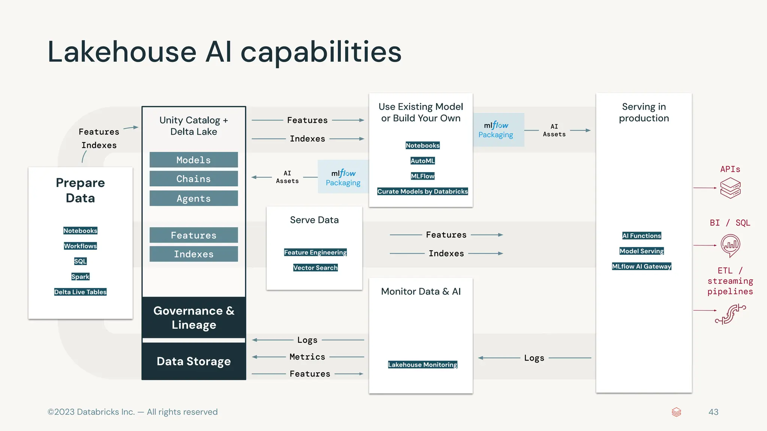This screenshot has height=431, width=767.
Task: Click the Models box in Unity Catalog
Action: tap(194, 160)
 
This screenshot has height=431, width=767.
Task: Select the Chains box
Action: tap(194, 179)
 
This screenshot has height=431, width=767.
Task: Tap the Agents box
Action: tap(194, 198)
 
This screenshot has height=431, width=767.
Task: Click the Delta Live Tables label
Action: tap(80, 292)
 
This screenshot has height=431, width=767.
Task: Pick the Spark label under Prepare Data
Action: tap(80, 276)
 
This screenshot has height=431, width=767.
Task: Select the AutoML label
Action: tap(422, 161)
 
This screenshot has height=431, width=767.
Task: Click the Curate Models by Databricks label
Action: tap(422, 192)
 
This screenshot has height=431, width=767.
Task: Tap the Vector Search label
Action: tap(315, 268)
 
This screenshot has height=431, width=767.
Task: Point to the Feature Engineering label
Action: tap(315, 252)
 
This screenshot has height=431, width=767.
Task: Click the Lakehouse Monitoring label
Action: tap(422, 364)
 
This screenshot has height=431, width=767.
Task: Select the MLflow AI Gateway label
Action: tap(642, 266)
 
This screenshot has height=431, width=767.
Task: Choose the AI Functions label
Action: tap(642, 236)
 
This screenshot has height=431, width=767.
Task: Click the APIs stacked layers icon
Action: tap(730, 188)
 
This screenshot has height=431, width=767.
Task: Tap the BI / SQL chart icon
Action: tap(730, 245)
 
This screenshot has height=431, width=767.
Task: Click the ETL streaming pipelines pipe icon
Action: tap(730, 314)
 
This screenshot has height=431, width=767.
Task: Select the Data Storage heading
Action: tap(194, 361)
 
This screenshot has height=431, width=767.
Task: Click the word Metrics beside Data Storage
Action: tap(307, 357)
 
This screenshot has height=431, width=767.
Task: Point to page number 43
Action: tap(713, 412)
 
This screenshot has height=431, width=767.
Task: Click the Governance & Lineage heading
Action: tap(194, 318)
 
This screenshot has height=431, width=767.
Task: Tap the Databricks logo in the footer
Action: tap(676, 412)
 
